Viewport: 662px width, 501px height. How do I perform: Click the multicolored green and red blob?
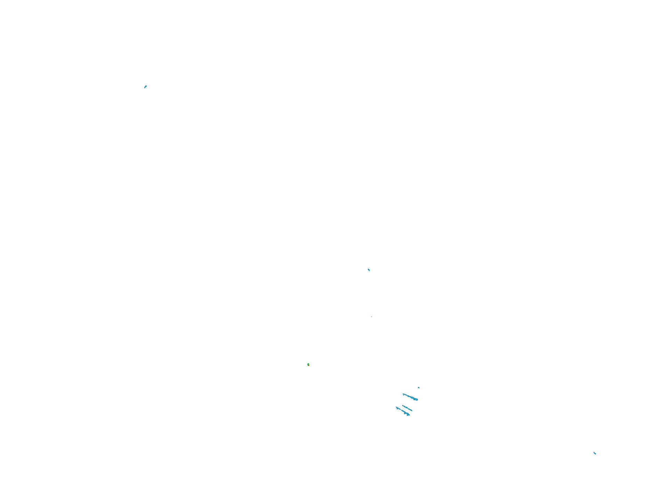click(308, 365)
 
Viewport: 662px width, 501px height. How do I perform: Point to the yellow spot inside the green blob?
click(308, 364)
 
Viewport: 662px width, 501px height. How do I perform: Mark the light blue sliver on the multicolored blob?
click(307, 364)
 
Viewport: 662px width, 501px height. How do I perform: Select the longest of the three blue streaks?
click(410, 397)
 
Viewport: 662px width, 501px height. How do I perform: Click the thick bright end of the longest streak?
click(416, 399)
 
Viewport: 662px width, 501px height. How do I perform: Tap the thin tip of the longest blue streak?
click(403, 394)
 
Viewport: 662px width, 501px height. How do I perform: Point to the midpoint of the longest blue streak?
click(410, 397)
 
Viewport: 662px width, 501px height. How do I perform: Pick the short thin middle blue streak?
click(407, 408)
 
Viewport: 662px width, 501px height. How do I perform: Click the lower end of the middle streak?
click(412, 411)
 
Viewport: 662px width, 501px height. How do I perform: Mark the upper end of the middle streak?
click(403, 405)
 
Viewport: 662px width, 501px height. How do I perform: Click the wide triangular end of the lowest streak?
click(408, 414)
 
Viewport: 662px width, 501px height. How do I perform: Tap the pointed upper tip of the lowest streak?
click(396, 407)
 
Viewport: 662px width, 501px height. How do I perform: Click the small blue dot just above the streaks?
click(419, 388)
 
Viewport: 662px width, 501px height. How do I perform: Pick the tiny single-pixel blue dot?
click(372, 317)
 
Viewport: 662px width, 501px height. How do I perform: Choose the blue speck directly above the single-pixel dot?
click(369, 270)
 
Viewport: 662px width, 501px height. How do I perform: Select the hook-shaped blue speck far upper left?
click(145, 87)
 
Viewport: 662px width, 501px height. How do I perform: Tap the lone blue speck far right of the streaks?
click(595, 453)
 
